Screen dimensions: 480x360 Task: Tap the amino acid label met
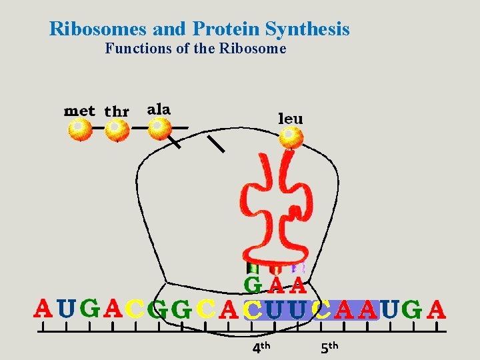point(79,111)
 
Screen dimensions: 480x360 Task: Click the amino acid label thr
point(117,111)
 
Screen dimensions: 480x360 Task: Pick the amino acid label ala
point(159,109)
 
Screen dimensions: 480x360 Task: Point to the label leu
point(290,119)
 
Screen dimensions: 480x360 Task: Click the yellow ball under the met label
point(80,129)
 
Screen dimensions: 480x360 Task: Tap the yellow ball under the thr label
point(117,129)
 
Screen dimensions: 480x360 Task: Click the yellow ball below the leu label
point(291,139)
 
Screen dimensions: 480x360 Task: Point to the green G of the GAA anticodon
point(253,285)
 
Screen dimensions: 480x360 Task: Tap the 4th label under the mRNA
point(261,347)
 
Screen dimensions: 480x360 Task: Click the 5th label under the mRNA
point(329,347)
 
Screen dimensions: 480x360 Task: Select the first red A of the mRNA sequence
point(43,309)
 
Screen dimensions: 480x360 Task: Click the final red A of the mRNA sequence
point(436,309)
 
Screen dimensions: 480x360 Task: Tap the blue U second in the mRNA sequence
point(65,309)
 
